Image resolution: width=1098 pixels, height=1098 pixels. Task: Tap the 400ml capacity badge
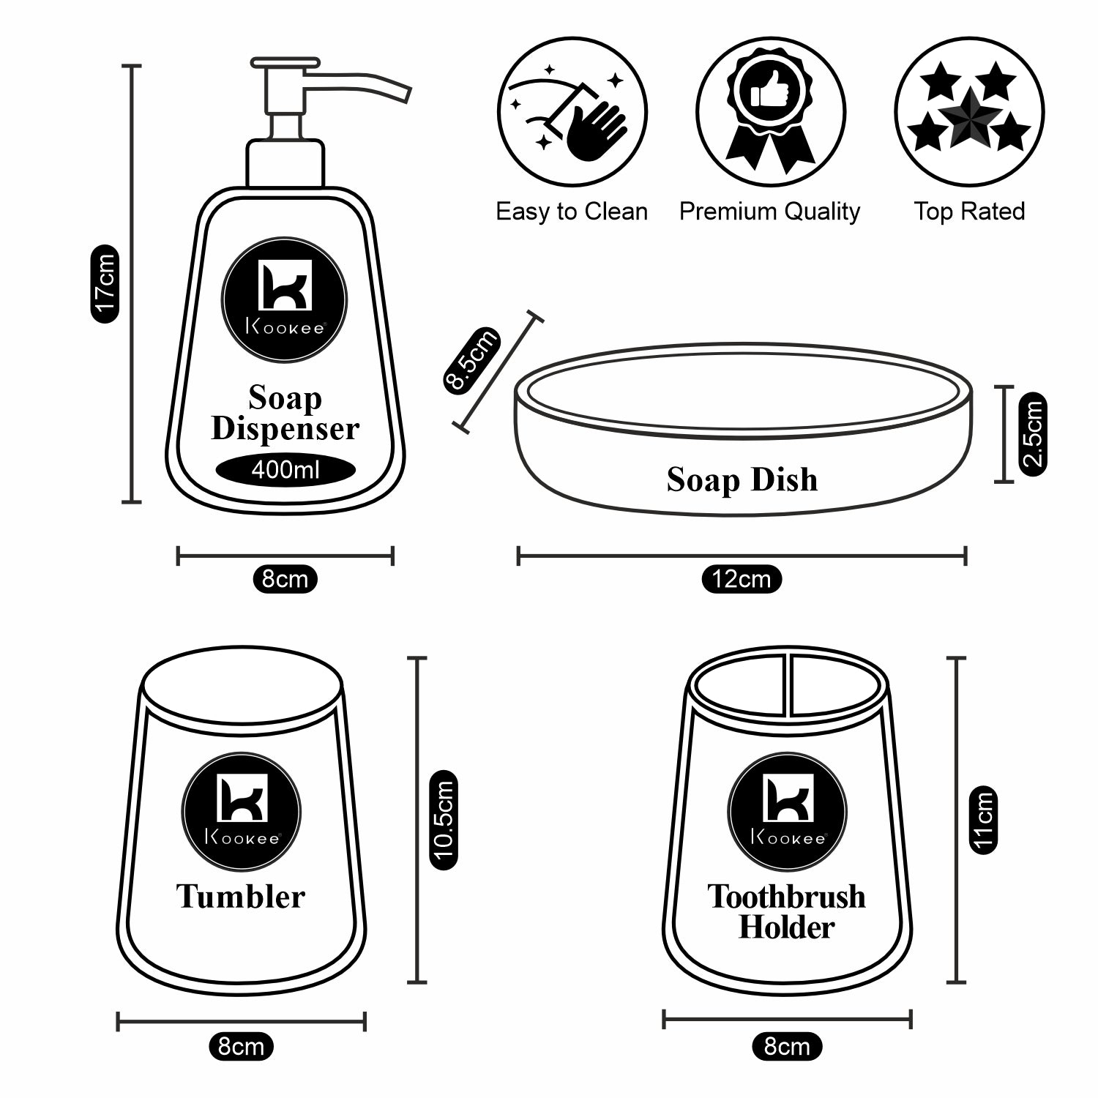point(285,469)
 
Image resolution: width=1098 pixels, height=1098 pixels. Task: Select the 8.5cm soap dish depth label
point(472,360)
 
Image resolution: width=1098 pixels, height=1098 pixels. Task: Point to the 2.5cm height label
point(1033,434)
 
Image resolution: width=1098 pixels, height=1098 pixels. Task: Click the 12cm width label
point(742,579)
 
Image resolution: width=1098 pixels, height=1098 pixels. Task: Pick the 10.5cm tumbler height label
point(444,820)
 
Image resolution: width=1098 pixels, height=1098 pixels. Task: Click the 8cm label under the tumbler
point(242,1046)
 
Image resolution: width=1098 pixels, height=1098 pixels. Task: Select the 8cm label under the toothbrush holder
point(787,1046)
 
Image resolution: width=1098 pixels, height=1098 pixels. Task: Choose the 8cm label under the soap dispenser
point(285,579)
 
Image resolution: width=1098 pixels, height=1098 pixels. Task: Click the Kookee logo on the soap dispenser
point(285,299)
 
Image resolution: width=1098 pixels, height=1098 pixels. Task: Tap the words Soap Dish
point(742,479)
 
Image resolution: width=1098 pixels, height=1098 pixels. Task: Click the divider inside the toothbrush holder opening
point(789,684)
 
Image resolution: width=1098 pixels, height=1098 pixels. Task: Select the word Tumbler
point(241,897)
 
